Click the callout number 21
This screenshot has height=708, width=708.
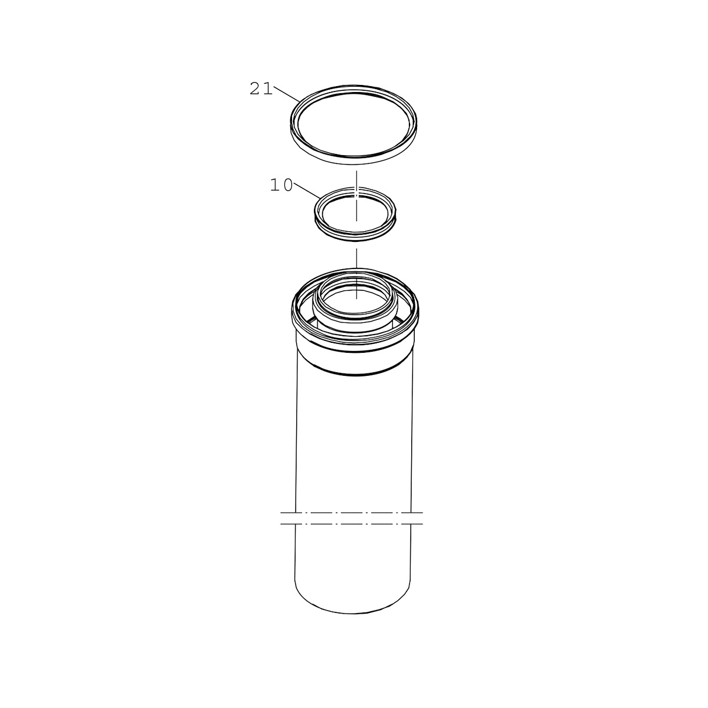[x=261, y=89]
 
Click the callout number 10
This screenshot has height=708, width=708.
[x=281, y=185]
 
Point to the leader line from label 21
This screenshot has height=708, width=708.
[x=287, y=94]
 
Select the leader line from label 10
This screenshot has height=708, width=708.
[x=307, y=191]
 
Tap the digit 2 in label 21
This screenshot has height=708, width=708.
[x=255, y=89]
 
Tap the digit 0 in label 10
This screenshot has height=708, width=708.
[x=288, y=185]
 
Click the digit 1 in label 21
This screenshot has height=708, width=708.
[x=268, y=89]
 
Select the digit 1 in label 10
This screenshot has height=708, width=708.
[x=275, y=185]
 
